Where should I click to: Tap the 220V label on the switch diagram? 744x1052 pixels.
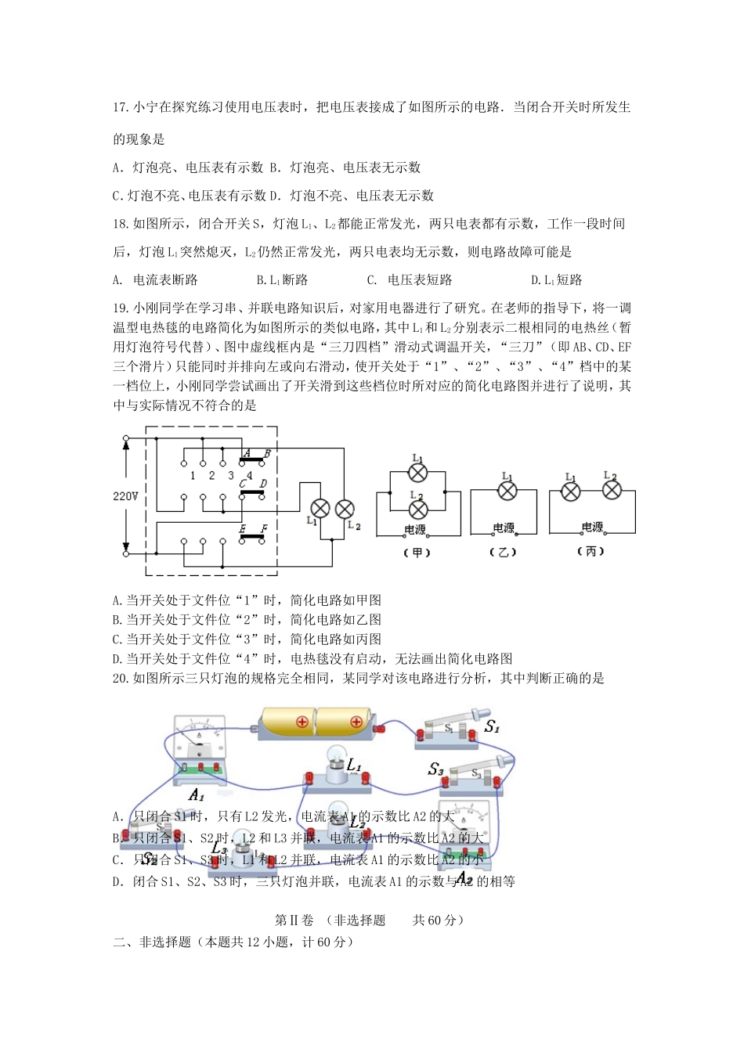(x=125, y=496)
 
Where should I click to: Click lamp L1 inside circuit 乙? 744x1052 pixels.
(x=507, y=491)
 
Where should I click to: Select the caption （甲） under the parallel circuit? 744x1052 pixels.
(x=417, y=553)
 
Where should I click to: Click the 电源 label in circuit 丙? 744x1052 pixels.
(x=593, y=528)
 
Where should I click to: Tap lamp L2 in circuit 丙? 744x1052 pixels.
(x=612, y=491)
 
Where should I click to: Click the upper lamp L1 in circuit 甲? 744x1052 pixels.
(x=419, y=472)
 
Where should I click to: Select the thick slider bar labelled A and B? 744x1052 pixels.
(x=251, y=459)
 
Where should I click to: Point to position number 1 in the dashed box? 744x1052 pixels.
(x=193, y=475)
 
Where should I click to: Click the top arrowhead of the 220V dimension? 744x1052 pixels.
(x=125, y=442)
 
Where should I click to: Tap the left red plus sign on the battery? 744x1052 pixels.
(x=302, y=722)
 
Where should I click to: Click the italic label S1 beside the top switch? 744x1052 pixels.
(x=491, y=727)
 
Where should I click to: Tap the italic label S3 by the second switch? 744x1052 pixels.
(x=435, y=769)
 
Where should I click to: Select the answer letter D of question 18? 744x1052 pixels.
(x=535, y=280)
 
